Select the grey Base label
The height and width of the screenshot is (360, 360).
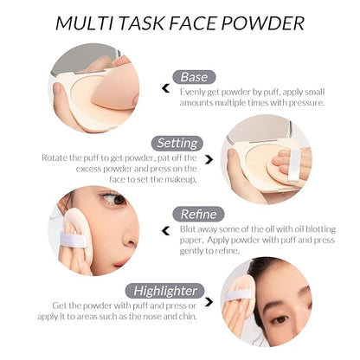[x=194, y=77]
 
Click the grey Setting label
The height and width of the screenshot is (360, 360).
[x=177, y=143]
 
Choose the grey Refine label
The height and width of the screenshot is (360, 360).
[x=198, y=215]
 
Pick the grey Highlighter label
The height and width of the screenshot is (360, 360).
[x=165, y=291]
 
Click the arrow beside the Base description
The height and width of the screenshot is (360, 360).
[x=165, y=88]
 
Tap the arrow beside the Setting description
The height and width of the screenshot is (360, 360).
[x=209, y=159]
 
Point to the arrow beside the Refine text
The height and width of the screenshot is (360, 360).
[x=165, y=231]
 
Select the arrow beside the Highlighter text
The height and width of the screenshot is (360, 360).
[x=209, y=302]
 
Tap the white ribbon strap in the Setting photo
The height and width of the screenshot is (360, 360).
[x=294, y=164]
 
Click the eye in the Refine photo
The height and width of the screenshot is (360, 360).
[x=115, y=198]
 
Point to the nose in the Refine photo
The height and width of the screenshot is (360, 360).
[x=131, y=236]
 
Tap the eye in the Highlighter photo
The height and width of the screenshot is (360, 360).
[x=280, y=319]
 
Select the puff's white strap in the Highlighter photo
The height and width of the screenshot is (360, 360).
[x=236, y=295]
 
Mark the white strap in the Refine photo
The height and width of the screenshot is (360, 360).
[x=72, y=241]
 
